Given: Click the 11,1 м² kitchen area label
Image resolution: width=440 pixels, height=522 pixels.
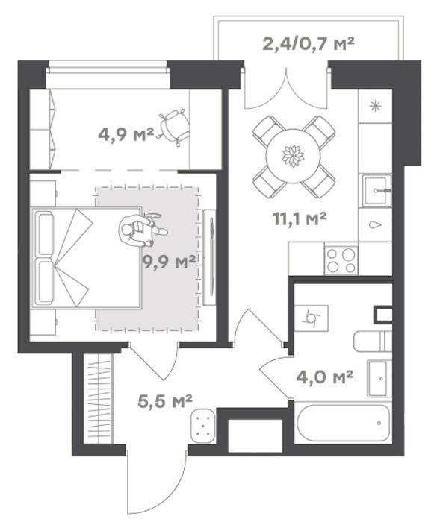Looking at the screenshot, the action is click(x=300, y=219).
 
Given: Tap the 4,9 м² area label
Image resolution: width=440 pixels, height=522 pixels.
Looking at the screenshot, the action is click(x=126, y=135).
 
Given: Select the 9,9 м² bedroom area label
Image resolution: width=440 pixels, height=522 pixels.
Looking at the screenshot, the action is click(x=169, y=262).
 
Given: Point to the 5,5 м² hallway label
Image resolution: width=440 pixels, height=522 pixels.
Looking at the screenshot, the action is click(x=165, y=401).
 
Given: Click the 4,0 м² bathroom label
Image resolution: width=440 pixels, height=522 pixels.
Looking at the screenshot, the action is click(x=324, y=377).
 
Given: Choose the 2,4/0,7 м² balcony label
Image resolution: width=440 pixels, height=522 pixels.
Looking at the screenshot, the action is click(x=308, y=43).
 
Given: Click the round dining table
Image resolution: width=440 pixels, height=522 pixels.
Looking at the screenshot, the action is click(x=294, y=156).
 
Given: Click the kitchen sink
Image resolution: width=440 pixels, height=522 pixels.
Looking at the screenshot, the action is click(x=377, y=191).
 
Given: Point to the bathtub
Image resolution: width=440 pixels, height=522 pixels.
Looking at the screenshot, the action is click(x=344, y=423).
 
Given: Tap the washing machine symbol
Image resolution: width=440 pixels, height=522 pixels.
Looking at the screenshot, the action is click(x=312, y=318).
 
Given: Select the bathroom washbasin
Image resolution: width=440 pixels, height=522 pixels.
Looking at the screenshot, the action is click(x=379, y=378).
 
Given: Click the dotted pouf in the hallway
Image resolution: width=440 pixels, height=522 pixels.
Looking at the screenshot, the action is click(x=203, y=426).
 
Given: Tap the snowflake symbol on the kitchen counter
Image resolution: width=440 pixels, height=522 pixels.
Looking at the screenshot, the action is click(x=376, y=107).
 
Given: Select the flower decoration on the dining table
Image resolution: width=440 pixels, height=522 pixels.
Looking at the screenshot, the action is click(x=294, y=156).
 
